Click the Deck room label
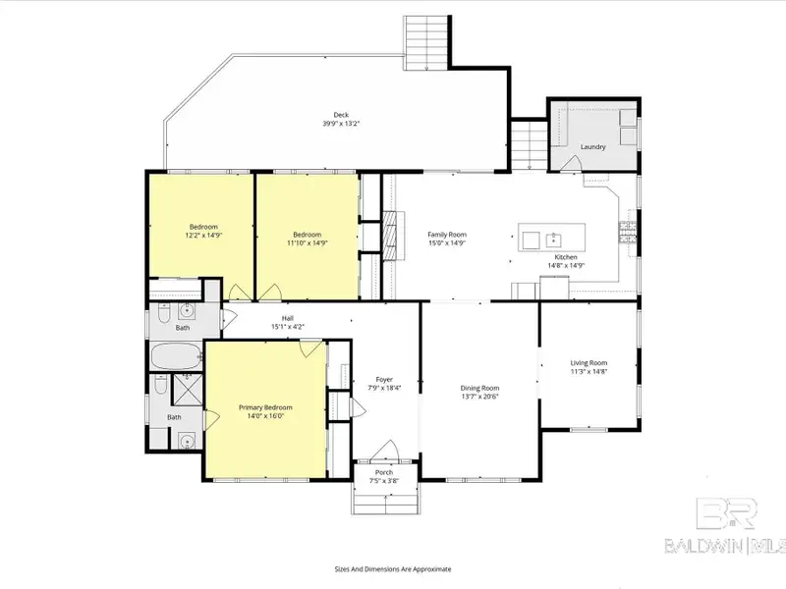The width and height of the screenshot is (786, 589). (x=341, y=115)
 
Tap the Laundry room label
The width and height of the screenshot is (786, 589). (x=593, y=146)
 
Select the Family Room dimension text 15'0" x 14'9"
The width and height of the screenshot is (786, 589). (x=447, y=242)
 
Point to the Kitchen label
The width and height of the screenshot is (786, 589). (x=566, y=257)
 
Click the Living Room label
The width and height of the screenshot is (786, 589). (x=589, y=362)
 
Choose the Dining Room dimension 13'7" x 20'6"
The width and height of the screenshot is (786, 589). (x=479, y=397)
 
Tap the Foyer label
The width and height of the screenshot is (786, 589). (x=384, y=380)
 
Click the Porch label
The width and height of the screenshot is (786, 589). (x=384, y=472)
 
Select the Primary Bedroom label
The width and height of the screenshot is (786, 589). (x=265, y=407)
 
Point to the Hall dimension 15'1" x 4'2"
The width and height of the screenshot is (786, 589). (x=288, y=327)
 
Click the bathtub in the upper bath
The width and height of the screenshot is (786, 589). (x=177, y=356)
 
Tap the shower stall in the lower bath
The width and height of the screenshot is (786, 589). (x=188, y=389)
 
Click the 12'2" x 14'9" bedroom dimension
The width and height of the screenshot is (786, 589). (x=203, y=235)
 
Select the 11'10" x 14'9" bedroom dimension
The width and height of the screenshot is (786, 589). (x=308, y=242)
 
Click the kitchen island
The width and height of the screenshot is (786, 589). (x=551, y=238)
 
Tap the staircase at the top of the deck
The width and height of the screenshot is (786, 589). (x=426, y=42)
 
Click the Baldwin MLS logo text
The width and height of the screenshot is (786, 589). (x=725, y=546)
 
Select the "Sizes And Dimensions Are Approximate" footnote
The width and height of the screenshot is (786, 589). (x=393, y=569)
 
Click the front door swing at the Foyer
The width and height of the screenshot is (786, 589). (x=385, y=451)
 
